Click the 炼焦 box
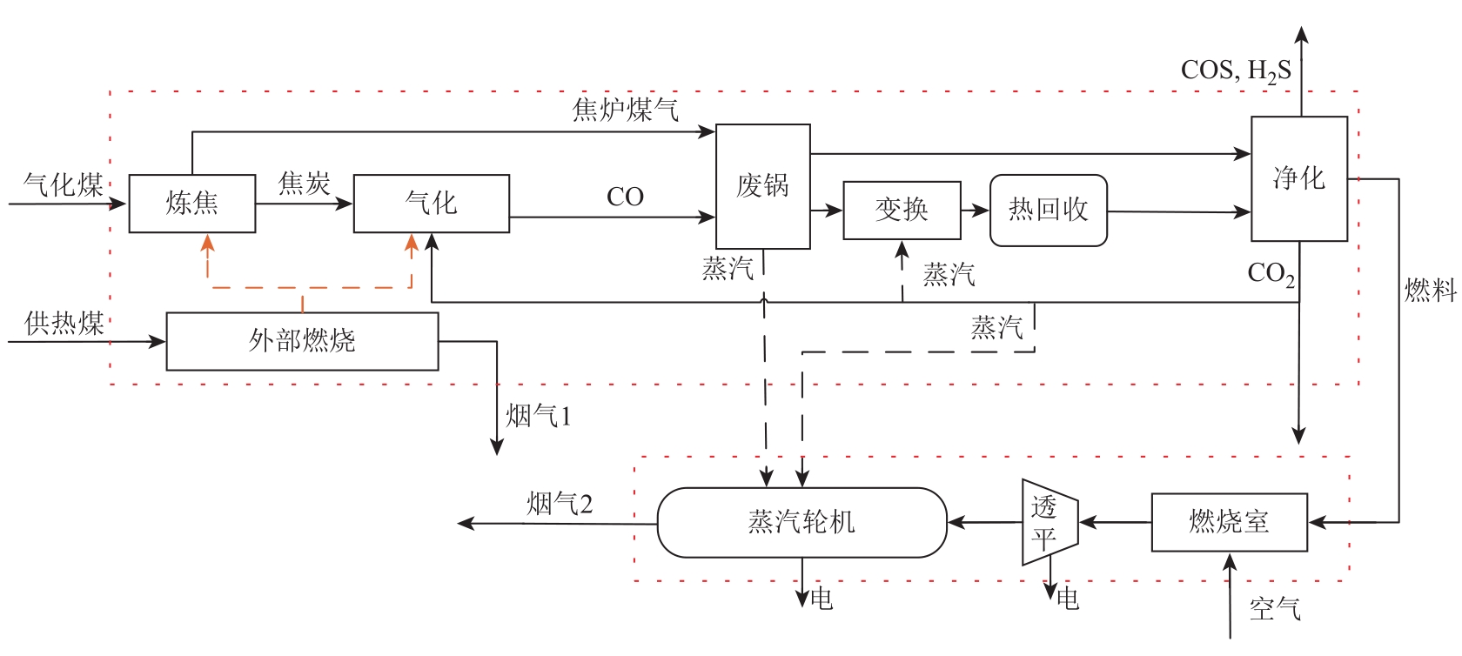click(x=191, y=204)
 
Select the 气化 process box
click(x=431, y=204)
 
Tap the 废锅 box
click(x=762, y=186)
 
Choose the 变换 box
click(x=902, y=210)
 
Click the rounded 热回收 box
click(x=1048, y=210)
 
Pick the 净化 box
click(x=1298, y=178)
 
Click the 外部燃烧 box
click(x=302, y=341)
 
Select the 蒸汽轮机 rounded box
click(x=801, y=522)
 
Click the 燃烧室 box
click(x=1229, y=522)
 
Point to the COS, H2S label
click(x=1236, y=70)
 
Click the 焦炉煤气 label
click(x=625, y=110)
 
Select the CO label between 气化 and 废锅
click(x=625, y=197)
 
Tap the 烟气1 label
click(x=539, y=416)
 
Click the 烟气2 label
click(x=560, y=504)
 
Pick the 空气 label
click(x=1275, y=608)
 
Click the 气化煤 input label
click(x=64, y=184)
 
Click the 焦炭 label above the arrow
click(x=304, y=184)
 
